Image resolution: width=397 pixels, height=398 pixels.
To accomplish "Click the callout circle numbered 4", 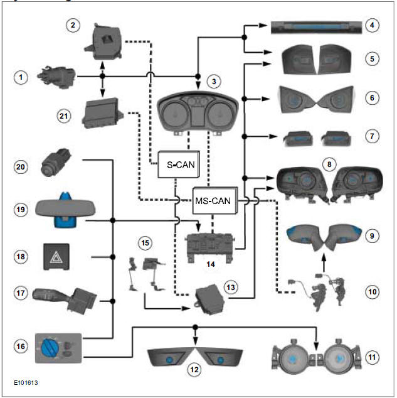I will click(373, 26).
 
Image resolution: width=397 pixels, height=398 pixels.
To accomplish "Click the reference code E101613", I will click(29, 381).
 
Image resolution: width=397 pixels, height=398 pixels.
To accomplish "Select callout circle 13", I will click(231, 286).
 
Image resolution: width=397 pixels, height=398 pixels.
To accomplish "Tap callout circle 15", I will click(146, 242).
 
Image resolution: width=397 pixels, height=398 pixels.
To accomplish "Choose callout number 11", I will click(373, 358).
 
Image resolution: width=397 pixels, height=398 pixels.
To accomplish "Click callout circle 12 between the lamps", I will click(196, 370).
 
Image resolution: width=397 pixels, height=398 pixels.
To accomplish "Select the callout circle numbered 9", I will click(373, 235).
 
